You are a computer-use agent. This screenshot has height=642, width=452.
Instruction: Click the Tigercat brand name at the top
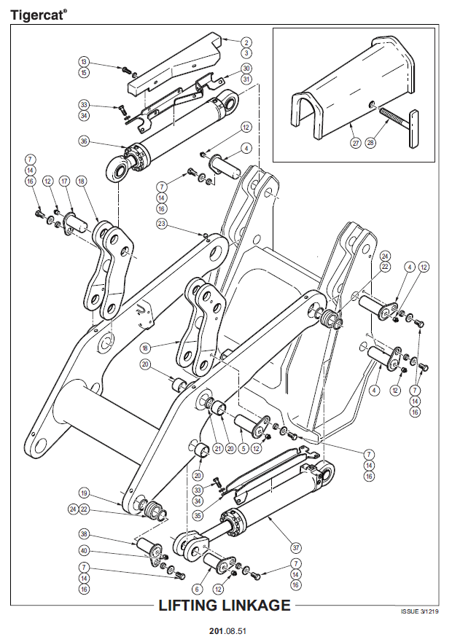tap(36, 12)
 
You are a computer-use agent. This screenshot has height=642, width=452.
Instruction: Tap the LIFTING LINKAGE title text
tap(225, 606)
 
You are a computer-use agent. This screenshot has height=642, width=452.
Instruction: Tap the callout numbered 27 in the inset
tap(355, 143)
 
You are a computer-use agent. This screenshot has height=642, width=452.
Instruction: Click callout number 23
tap(161, 223)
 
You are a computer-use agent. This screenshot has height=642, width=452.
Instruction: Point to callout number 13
tap(84, 62)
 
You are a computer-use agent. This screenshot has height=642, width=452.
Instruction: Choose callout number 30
tap(246, 68)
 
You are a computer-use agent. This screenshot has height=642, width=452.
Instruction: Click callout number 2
tap(246, 42)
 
